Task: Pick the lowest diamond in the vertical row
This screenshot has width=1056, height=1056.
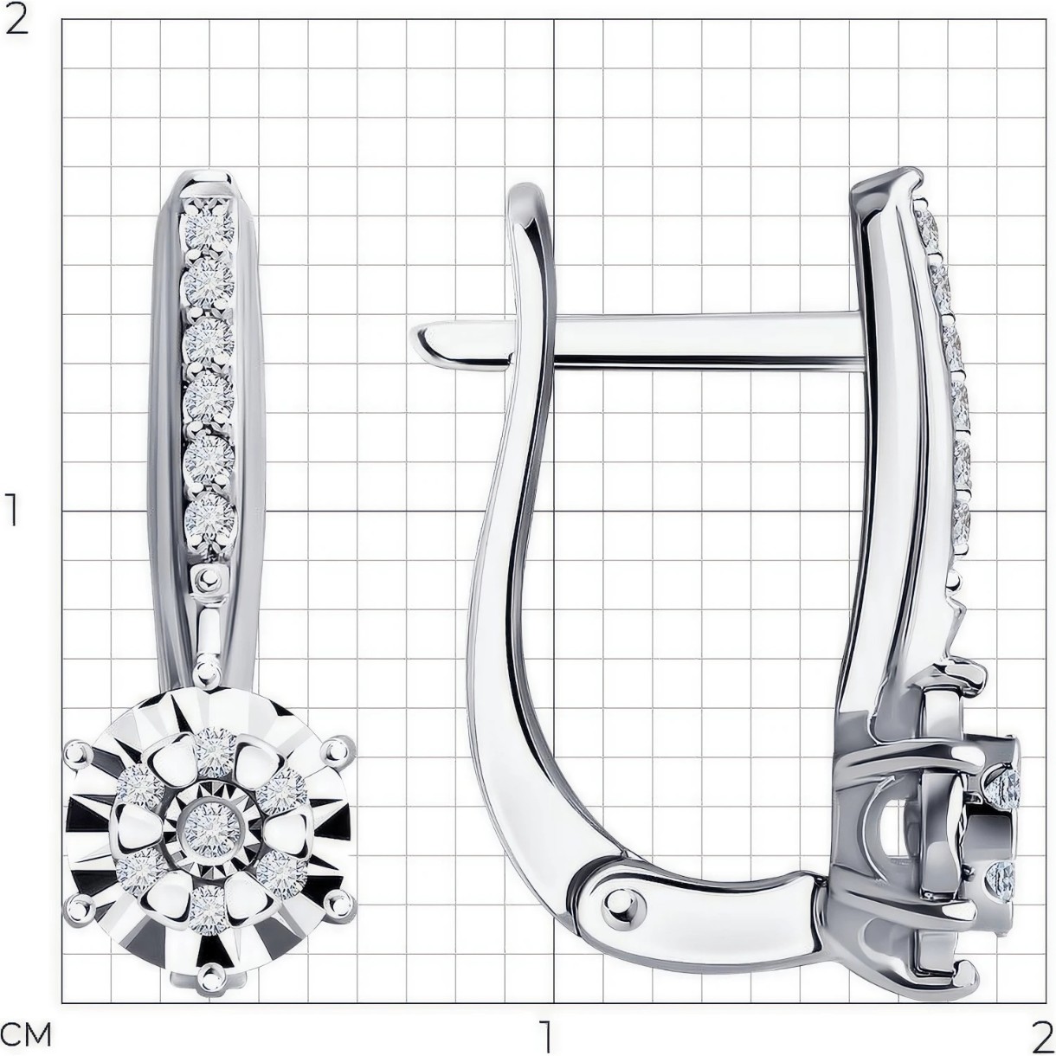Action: [209, 516]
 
